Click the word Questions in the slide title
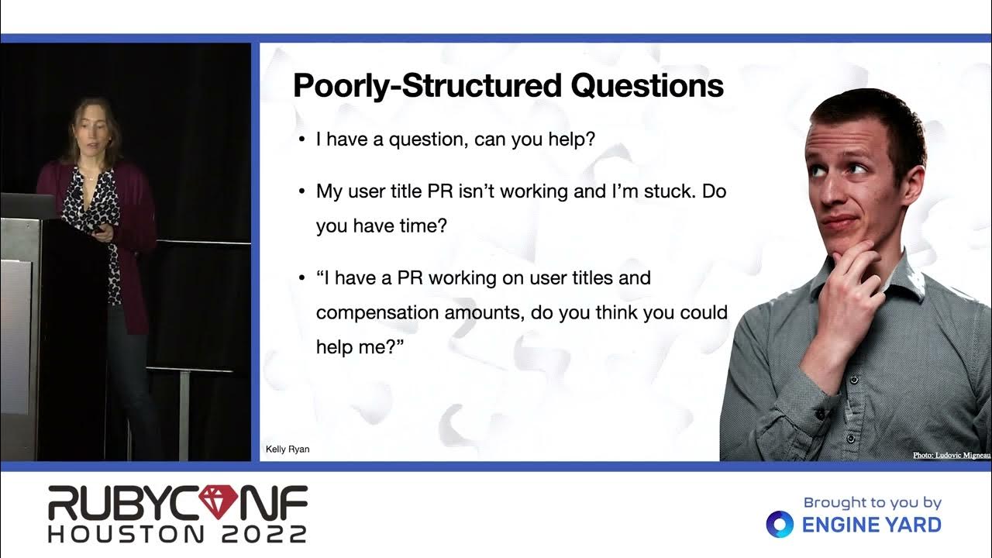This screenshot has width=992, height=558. pyautogui.click(x=647, y=85)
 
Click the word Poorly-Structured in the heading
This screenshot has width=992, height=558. pyautogui.click(x=426, y=85)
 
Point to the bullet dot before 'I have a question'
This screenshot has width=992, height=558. pyautogui.click(x=301, y=141)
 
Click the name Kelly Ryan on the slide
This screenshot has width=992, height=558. pyautogui.click(x=288, y=449)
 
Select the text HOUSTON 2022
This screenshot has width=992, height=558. pyautogui.click(x=177, y=534)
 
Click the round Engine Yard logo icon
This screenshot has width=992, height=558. pyautogui.click(x=780, y=525)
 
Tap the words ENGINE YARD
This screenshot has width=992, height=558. pyautogui.click(x=871, y=525)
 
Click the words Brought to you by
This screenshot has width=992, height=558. pyautogui.click(x=872, y=502)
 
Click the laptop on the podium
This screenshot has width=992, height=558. pyautogui.click(x=27, y=205)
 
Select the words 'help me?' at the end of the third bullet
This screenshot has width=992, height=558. pyautogui.click(x=360, y=347)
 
